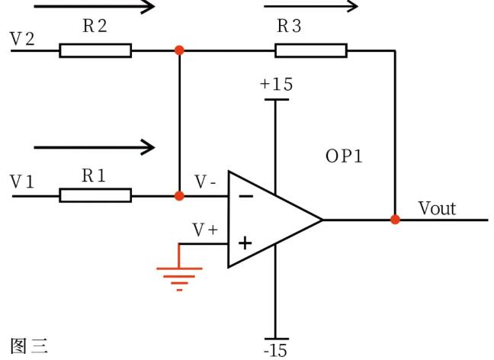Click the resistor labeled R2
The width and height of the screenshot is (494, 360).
coord(95,50)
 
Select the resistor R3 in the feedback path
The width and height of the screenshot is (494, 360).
coord(311,50)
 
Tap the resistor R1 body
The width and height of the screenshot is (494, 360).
coord(95,196)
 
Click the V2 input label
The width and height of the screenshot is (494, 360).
coord(22,37)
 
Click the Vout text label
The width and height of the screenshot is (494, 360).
coord(437,207)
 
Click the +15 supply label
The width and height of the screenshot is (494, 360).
coord(276,85)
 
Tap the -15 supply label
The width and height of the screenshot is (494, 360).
coord(275,350)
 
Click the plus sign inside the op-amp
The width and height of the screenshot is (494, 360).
coord(245,244)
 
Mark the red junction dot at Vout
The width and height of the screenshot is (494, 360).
coord(395,220)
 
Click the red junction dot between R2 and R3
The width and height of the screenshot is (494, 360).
coord(179,50)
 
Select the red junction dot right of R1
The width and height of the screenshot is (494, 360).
coord(179,196)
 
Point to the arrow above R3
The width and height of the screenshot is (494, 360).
coord(310,7)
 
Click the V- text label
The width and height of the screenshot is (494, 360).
coord(205,182)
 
